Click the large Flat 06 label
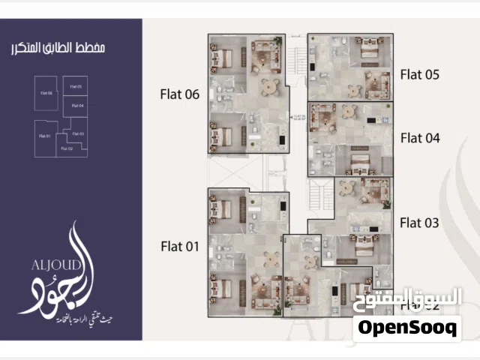coord(179,94)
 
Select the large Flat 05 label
coord(419,74)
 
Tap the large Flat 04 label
coord(419,137)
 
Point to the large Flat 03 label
coord(419,222)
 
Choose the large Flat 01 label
coord(179,244)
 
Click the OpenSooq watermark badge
coord(407,328)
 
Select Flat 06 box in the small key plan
coord(46,94)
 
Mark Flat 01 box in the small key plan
coord(44,136)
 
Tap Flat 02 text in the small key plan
coord(66,148)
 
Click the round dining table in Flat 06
coord(268,86)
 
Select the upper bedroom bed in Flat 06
coord(223,57)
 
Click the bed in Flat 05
coord(368,49)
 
